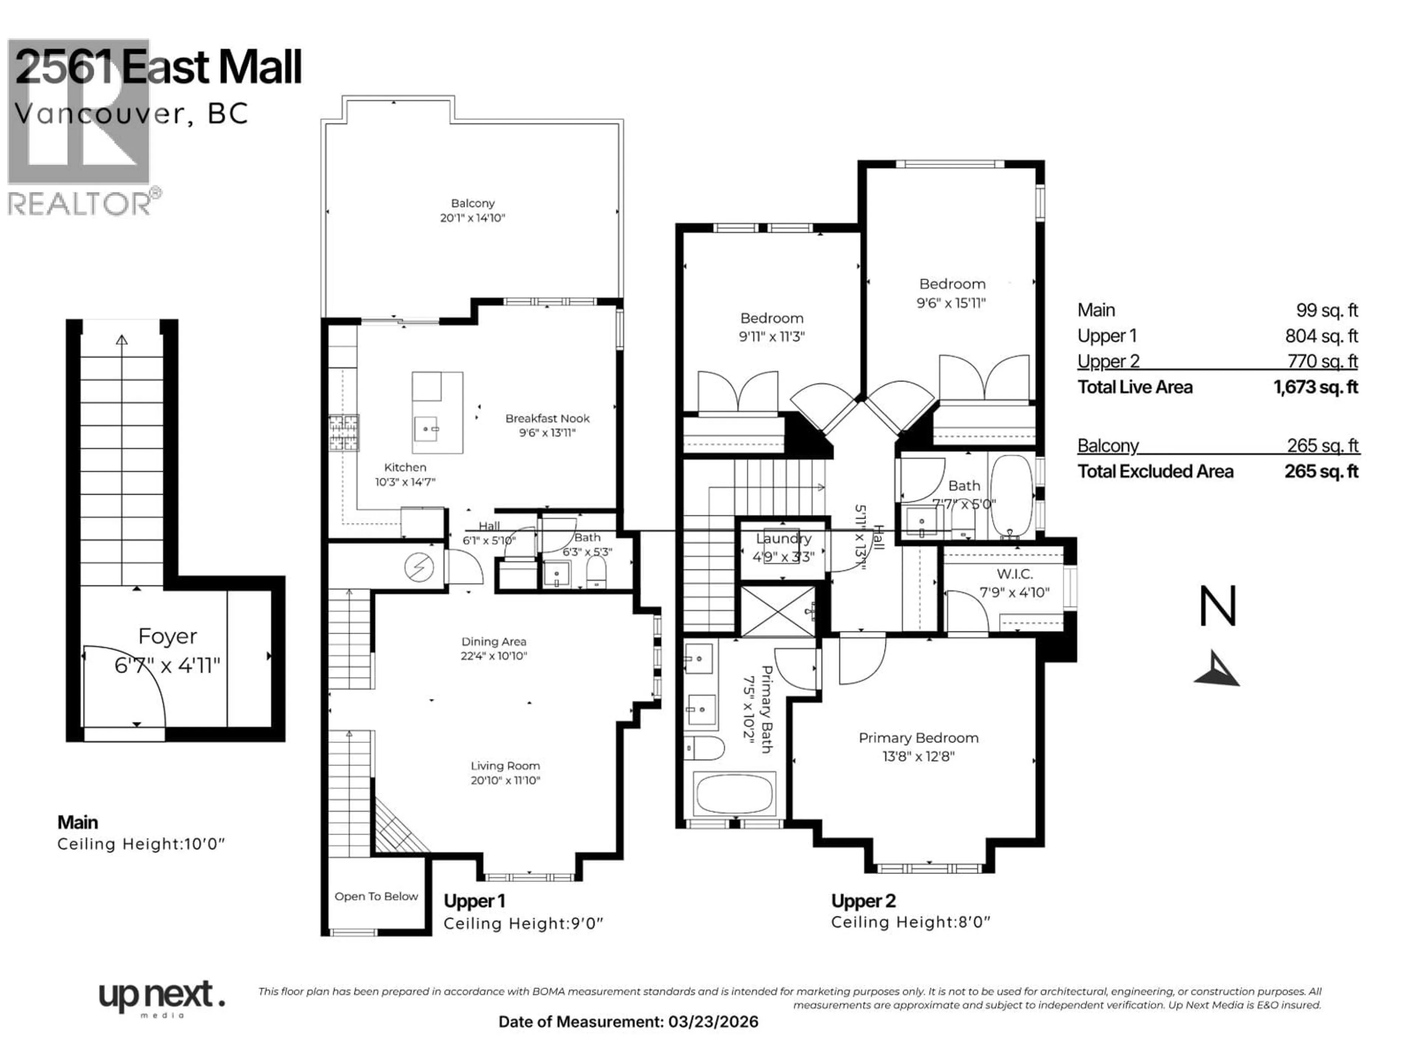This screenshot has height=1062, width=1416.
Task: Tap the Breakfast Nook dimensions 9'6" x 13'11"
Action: [x=547, y=433]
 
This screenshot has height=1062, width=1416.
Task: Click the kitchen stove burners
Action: [x=344, y=433]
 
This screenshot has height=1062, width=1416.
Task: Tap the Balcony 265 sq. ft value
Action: [x=1322, y=445]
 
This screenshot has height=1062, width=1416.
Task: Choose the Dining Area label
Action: [x=493, y=641]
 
